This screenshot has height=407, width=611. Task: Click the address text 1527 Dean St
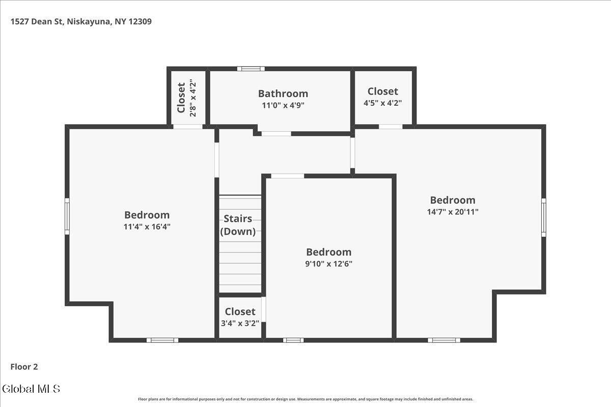click(x=37, y=21)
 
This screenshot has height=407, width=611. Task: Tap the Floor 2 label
click(x=24, y=367)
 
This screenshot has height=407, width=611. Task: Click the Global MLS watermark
click(x=31, y=389)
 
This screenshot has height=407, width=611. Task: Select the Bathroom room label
click(x=283, y=94)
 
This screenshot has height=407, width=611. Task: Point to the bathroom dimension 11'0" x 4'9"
click(x=283, y=105)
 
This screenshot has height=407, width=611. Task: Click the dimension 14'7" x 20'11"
click(x=453, y=212)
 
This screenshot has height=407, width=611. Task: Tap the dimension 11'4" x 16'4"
click(x=147, y=226)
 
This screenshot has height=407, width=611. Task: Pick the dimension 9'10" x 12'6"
click(x=329, y=264)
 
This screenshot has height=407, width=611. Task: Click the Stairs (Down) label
click(x=238, y=225)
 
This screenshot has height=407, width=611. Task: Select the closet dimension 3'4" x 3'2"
click(x=240, y=323)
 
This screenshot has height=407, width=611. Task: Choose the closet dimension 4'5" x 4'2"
click(x=383, y=103)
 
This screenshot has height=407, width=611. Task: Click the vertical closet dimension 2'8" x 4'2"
click(x=193, y=98)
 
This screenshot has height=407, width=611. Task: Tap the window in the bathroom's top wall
click(x=251, y=69)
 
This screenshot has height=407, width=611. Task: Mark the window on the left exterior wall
click(x=67, y=216)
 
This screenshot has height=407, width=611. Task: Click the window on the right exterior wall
click(x=544, y=218)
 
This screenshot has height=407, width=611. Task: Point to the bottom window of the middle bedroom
click(x=293, y=340)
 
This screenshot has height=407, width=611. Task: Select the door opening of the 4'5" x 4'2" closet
click(x=391, y=127)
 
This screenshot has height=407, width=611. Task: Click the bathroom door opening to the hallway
click(x=276, y=134)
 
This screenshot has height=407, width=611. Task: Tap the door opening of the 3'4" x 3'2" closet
click(x=264, y=309)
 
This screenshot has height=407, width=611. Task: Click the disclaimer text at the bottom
click(x=305, y=399)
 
